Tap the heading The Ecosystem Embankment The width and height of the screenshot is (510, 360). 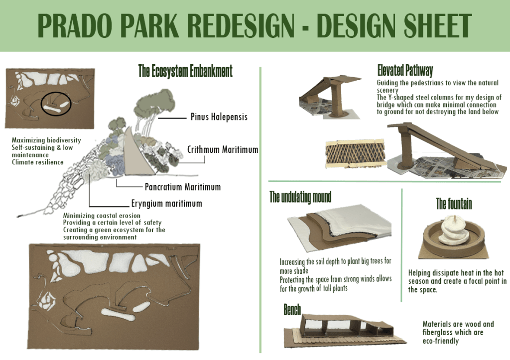click(x=185, y=71)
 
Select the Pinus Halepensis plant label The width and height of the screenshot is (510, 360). click(x=219, y=117)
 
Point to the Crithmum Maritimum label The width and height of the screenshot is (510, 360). click(x=223, y=149)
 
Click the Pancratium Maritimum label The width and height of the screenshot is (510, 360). click(x=183, y=187)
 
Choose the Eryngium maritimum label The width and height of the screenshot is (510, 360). click(x=166, y=204)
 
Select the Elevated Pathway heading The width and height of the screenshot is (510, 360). click(x=405, y=70)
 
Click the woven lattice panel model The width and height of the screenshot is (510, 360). click(x=355, y=153)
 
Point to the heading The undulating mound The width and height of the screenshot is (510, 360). click(x=300, y=197)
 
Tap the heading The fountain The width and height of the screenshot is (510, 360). click(x=454, y=204)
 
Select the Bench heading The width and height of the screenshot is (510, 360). click(x=292, y=310)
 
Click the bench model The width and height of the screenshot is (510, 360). click(x=345, y=330)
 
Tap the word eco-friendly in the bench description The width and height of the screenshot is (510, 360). click(x=441, y=341)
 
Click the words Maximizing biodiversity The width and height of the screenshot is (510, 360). click(x=46, y=140)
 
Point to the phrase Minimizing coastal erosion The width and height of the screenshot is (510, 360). click(x=102, y=215)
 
